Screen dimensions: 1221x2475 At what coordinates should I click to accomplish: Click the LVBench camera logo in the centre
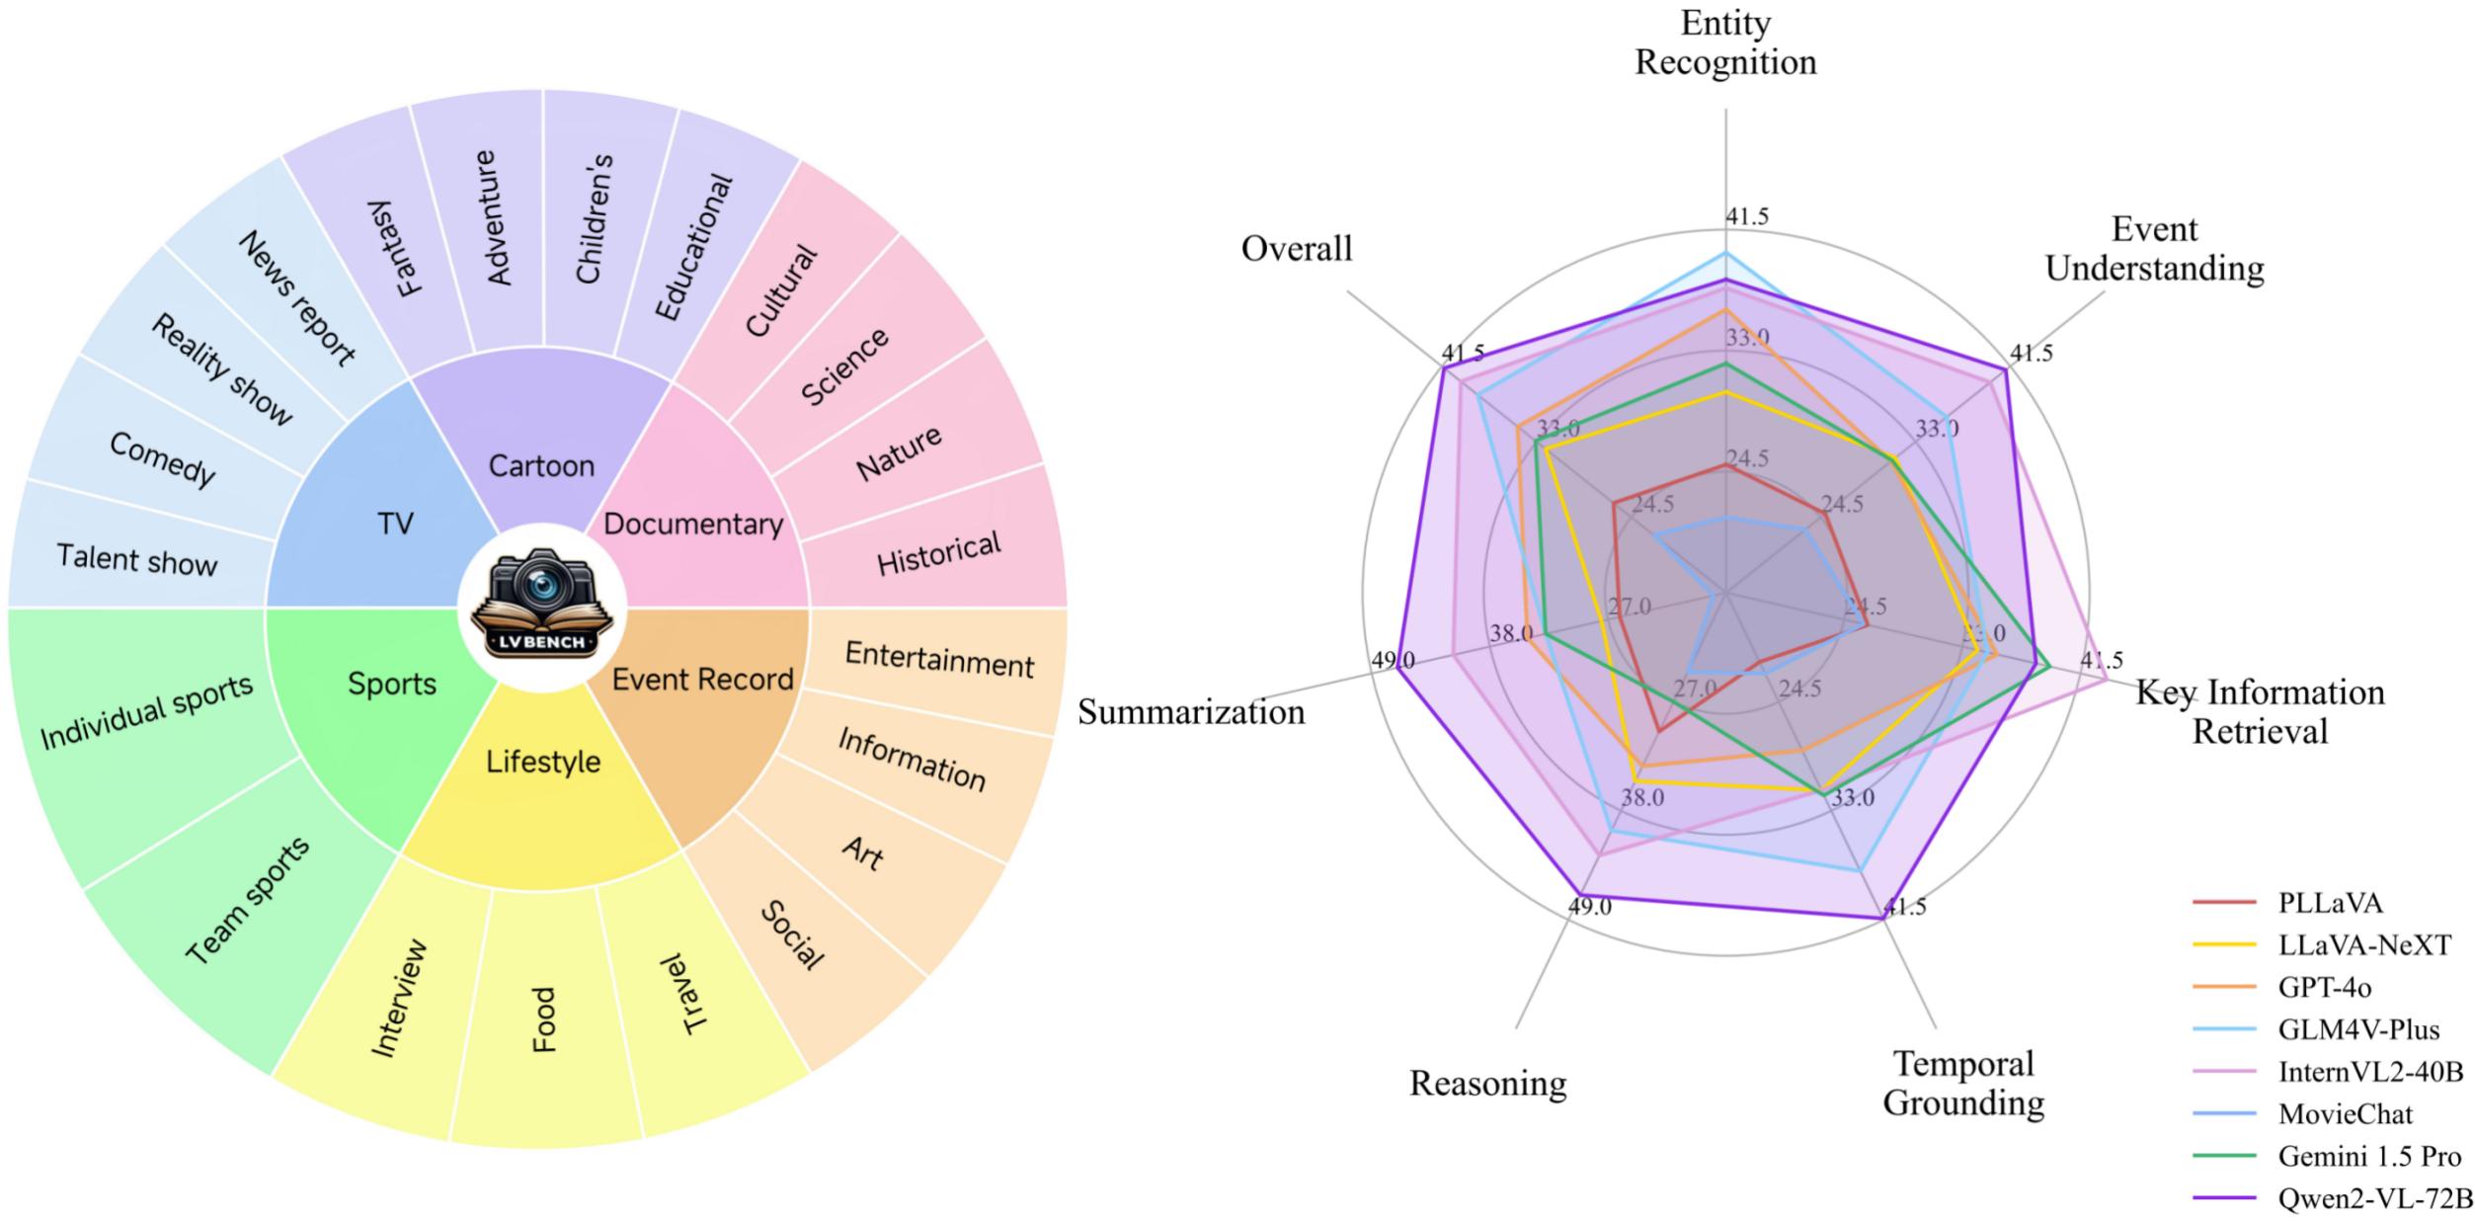(x=541, y=603)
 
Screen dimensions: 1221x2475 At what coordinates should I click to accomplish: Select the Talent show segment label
(x=136, y=560)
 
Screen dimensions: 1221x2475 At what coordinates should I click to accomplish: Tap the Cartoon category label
(x=541, y=465)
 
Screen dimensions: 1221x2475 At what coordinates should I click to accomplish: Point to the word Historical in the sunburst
(x=938, y=553)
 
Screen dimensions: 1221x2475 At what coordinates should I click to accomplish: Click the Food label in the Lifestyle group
(x=544, y=1019)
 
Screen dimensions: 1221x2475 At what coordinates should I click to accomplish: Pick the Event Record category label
(x=702, y=680)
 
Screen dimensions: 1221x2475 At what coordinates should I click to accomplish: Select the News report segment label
(x=296, y=298)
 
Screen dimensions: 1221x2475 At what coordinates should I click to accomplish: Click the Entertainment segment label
(x=938, y=660)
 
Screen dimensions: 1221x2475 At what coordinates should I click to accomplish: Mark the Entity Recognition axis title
(x=1724, y=42)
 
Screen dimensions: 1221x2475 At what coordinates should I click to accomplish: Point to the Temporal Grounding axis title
(x=1962, y=1083)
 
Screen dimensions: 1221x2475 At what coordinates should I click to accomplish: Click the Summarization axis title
(x=1190, y=712)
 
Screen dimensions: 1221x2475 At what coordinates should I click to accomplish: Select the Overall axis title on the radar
(x=1296, y=249)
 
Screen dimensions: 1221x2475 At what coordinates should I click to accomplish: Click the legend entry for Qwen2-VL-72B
(x=2373, y=1198)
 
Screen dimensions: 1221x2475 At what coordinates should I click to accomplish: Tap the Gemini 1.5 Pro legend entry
(x=2368, y=1156)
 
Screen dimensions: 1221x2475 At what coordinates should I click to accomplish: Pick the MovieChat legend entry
(x=2345, y=1114)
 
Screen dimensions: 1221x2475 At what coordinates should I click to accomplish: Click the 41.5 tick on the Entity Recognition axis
(x=1747, y=216)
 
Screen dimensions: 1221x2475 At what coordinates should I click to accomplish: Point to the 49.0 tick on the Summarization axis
(x=1393, y=660)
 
